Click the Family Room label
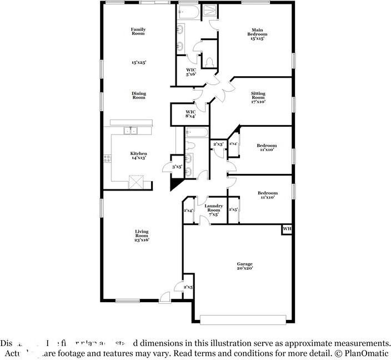[x=138, y=32]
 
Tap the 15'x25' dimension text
[x=138, y=63]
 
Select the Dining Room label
[x=138, y=96]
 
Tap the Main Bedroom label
[x=257, y=34]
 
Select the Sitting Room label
[x=258, y=97]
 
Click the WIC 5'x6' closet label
[x=191, y=72]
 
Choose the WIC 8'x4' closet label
[x=191, y=114]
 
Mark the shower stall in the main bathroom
[x=210, y=12]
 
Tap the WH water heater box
[x=287, y=229]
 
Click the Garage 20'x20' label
[x=245, y=266]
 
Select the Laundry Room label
[x=213, y=210]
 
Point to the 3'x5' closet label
[x=177, y=167]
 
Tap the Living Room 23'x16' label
[x=141, y=236]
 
